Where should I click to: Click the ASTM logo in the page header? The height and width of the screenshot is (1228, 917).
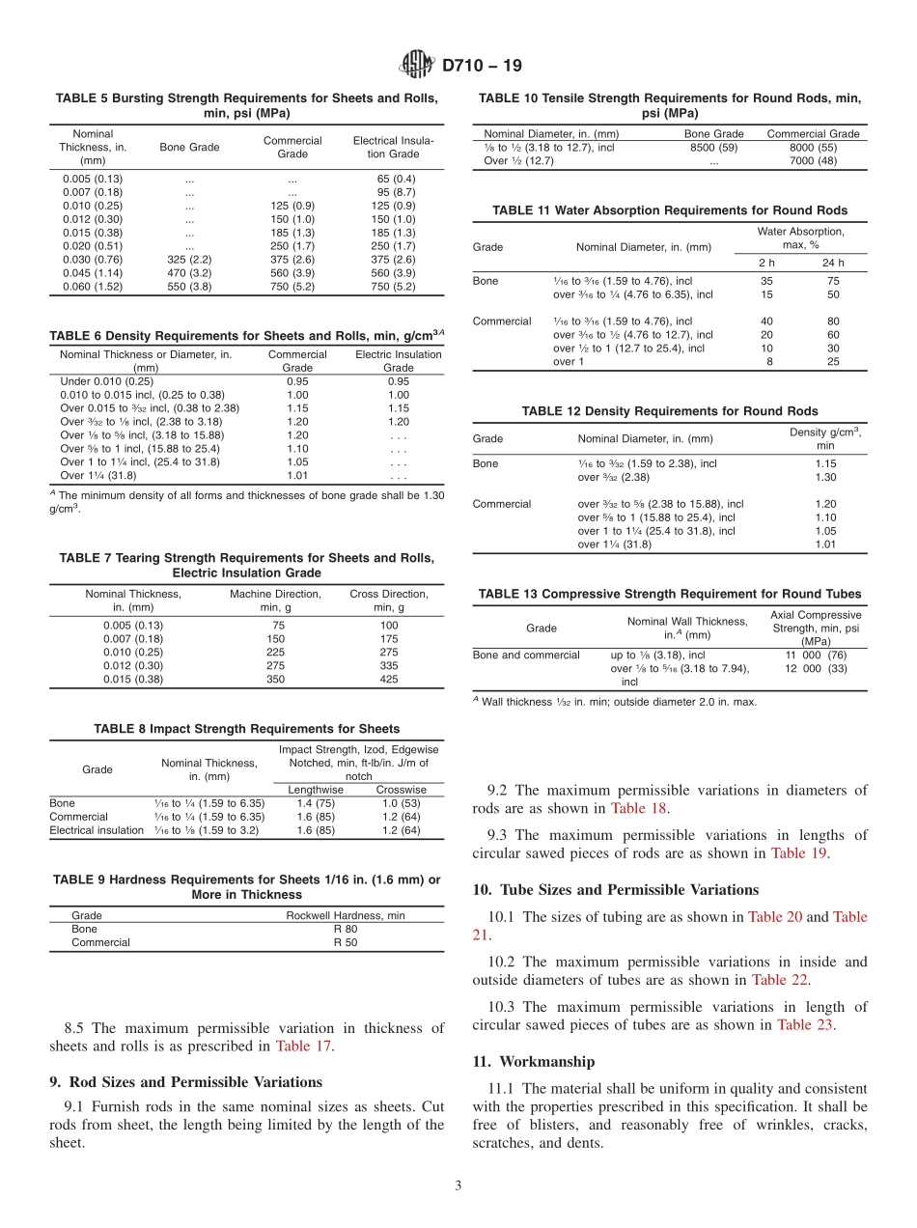[417, 66]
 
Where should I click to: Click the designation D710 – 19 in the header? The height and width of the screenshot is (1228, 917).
[482, 66]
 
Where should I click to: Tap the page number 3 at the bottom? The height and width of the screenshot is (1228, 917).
[458, 1186]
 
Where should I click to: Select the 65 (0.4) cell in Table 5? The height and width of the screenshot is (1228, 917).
[396, 179]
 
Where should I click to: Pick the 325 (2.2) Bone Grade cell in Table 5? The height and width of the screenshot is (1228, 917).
[189, 260]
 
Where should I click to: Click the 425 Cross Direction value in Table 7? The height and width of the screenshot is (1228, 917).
[389, 679]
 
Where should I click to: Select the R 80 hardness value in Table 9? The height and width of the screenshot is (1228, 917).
[345, 929]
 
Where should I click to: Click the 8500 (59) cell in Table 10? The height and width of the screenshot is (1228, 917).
[713, 148]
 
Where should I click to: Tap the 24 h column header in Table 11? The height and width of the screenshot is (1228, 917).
[833, 263]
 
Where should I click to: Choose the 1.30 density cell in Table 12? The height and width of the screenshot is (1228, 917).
[825, 477]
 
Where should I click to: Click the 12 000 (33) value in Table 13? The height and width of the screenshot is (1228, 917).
[816, 668]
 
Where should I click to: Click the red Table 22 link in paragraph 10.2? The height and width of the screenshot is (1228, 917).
[782, 980]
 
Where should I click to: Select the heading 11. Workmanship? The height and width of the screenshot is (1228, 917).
[533, 1061]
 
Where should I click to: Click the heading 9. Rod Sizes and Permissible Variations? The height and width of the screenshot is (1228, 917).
[185, 1081]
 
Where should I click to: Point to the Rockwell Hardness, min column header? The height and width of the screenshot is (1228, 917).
[345, 915]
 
